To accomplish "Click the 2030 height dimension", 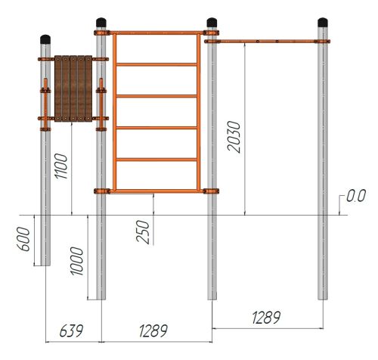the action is (x=234, y=137).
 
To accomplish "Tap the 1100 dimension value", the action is (x=61, y=166).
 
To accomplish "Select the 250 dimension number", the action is (x=143, y=232).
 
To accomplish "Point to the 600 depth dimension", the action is (x=23, y=239).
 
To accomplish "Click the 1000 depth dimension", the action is (x=76, y=261).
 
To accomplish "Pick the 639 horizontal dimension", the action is (x=71, y=331).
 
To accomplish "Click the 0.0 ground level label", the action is (x=356, y=196).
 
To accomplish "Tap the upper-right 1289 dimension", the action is (x=266, y=318).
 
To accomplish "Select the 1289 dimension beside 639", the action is (x=153, y=331).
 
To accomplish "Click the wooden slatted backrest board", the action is (x=73, y=88).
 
